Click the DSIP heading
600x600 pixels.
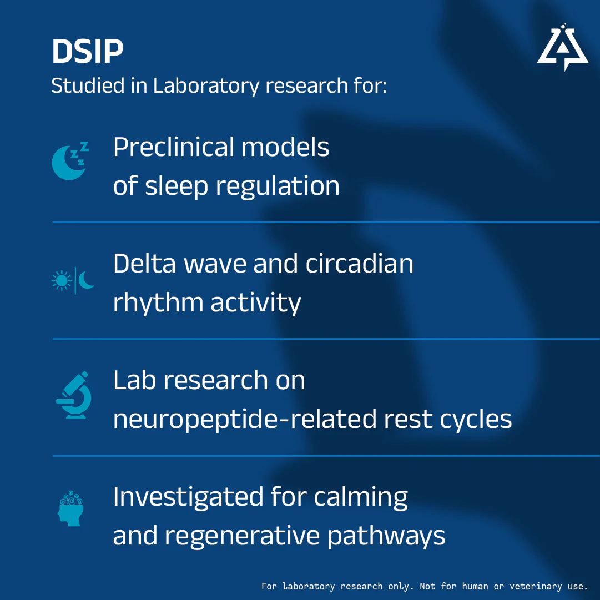pyautogui.click(x=88, y=51)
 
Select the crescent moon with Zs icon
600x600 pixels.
pyautogui.click(x=70, y=161)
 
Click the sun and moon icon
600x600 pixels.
pyautogui.click(x=73, y=281)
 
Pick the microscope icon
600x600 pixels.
pyautogui.click(x=74, y=395)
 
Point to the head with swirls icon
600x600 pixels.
pyautogui.click(x=70, y=508)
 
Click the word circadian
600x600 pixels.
pyautogui.click(x=359, y=264)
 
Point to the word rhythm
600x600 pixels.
pyautogui.click(x=158, y=304)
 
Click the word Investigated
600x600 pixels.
pyautogui.click(x=189, y=497)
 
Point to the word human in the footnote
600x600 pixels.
pyautogui.click(x=475, y=586)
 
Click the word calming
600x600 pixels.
pyautogui.click(x=361, y=497)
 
